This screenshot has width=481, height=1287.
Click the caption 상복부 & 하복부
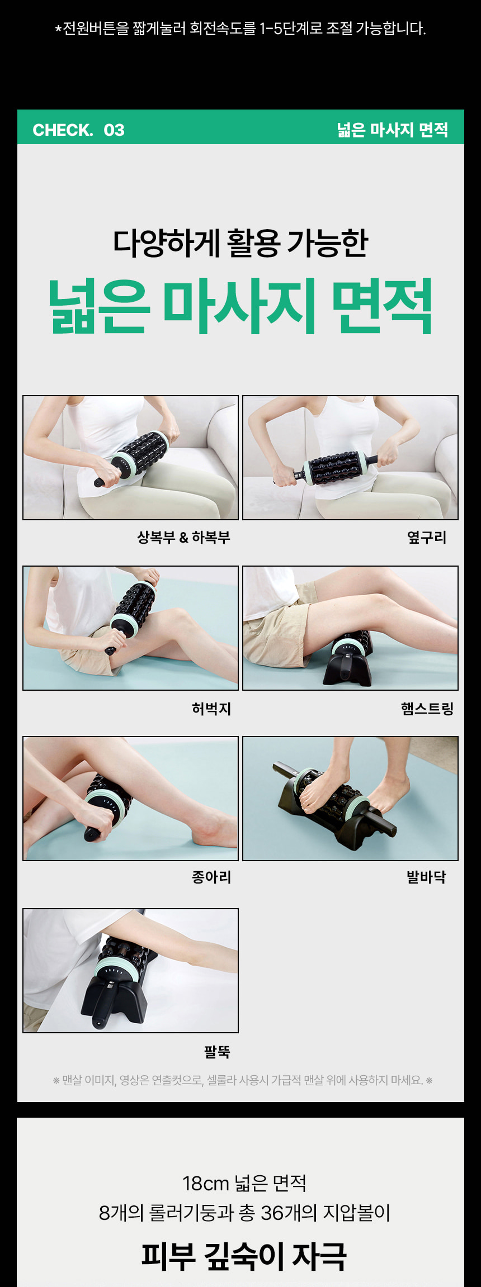click(183, 537)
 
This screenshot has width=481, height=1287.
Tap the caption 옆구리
click(426, 537)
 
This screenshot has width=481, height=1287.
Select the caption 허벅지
click(211, 709)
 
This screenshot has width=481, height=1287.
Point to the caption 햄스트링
click(427, 709)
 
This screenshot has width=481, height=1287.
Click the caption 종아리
click(211, 877)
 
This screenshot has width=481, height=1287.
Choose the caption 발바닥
click(426, 877)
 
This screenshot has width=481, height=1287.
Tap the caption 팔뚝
click(217, 1052)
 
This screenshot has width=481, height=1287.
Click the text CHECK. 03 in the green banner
click(78, 130)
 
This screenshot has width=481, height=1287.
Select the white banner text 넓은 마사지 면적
click(392, 130)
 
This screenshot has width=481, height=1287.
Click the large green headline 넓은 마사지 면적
click(240, 306)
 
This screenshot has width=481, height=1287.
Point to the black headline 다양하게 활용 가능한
click(240, 243)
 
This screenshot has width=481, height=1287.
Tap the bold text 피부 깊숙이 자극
click(244, 1256)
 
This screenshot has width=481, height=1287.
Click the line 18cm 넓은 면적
click(244, 1183)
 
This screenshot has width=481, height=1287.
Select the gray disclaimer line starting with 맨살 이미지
click(242, 1080)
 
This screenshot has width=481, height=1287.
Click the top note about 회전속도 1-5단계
click(240, 28)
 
